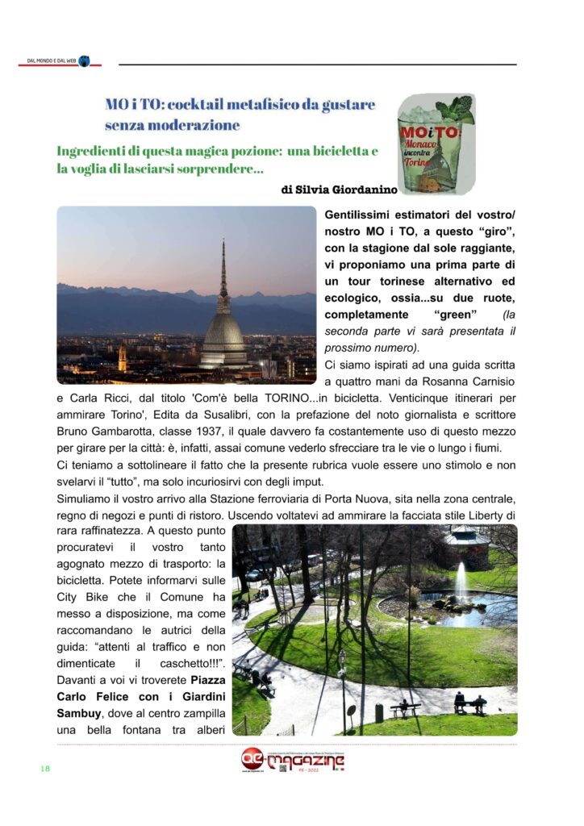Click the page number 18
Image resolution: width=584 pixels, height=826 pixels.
45,768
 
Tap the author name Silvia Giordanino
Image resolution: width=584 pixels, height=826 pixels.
351,190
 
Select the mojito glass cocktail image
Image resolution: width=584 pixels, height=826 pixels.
436,144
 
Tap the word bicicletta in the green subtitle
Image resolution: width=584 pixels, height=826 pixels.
328,151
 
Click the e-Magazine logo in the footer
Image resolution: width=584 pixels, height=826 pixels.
293,760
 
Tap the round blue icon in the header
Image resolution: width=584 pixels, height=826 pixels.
84,61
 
